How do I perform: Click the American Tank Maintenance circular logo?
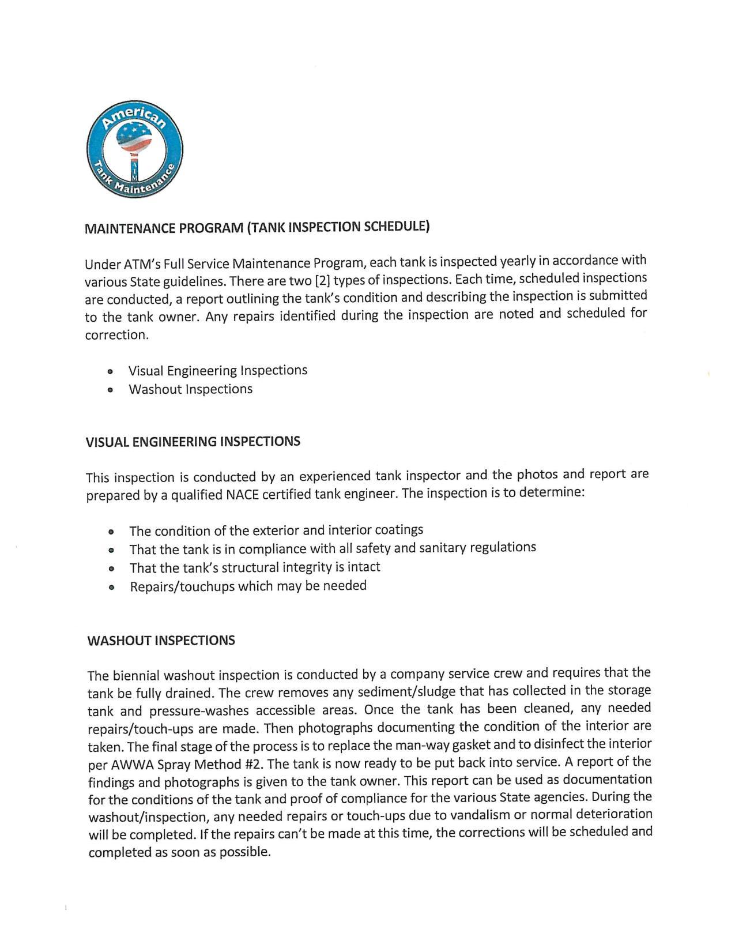coord(135,149)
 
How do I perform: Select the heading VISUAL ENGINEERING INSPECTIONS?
coord(193,442)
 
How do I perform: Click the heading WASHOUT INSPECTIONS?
coord(161,641)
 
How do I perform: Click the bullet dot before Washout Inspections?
coord(110,390)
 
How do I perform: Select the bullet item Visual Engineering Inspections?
coord(217,370)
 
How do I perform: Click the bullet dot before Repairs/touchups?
coord(111,588)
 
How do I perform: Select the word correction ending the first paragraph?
coord(116,335)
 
